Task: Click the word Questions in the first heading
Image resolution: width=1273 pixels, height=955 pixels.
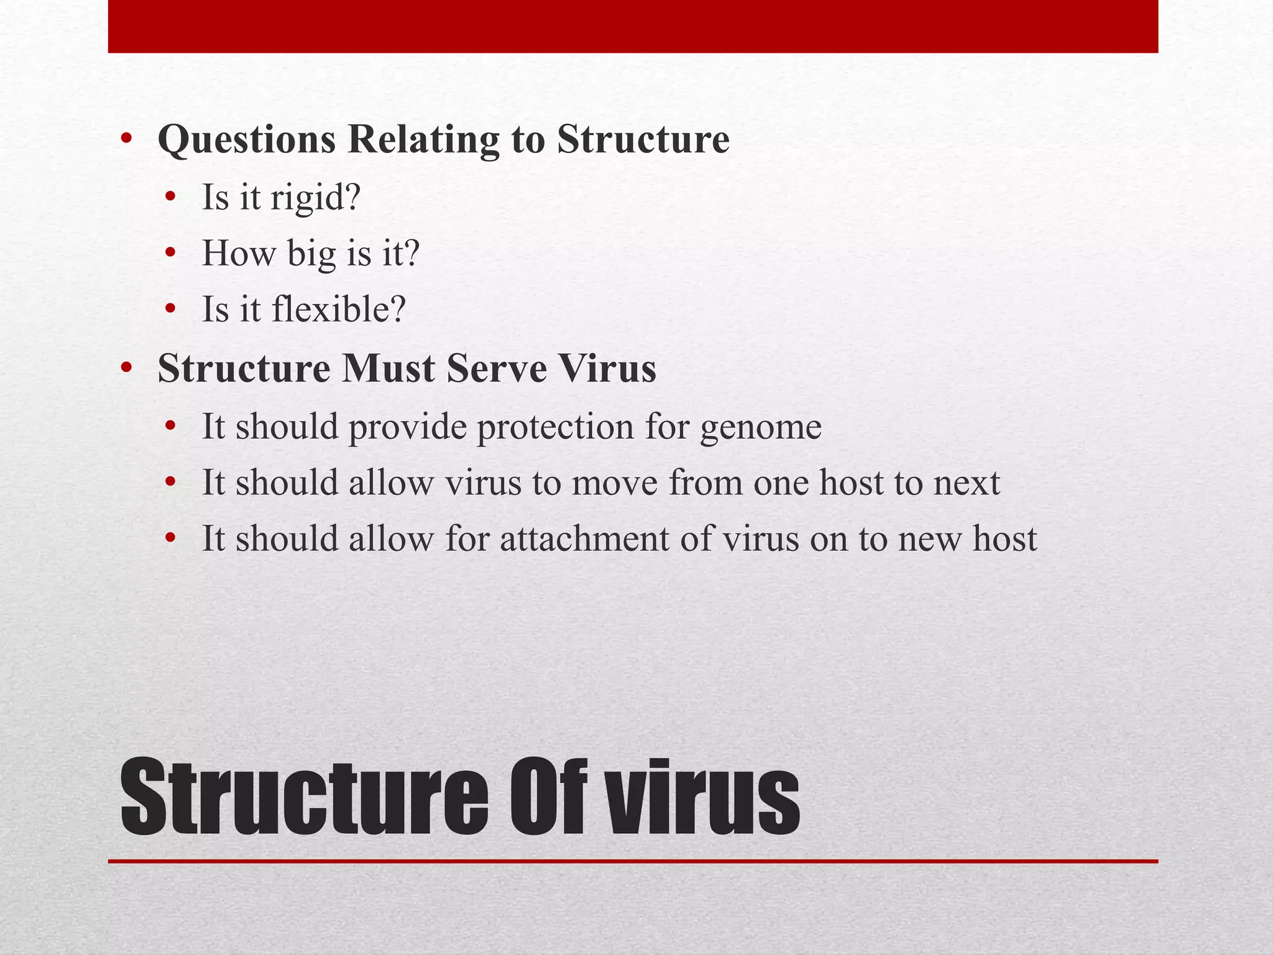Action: tap(247, 140)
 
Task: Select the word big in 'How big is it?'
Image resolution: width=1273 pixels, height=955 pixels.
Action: tap(311, 254)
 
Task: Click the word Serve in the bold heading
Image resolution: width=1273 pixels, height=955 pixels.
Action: tap(496, 368)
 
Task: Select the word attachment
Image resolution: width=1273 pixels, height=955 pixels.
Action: tap(584, 538)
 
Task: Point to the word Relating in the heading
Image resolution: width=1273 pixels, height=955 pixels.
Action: tap(423, 140)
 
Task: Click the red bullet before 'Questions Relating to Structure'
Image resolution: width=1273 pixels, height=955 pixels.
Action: tap(127, 139)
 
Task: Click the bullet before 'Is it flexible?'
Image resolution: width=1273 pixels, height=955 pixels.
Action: tap(171, 309)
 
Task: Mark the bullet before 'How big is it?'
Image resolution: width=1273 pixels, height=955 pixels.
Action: tap(171, 254)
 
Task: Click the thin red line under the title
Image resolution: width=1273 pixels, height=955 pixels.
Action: tap(633, 861)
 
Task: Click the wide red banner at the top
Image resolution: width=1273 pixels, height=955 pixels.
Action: tap(633, 26)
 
